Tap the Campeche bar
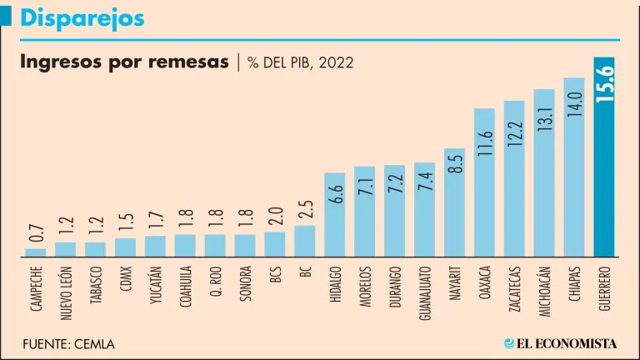pos(36,252)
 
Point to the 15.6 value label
pos(605,84)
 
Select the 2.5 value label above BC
pos(305,205)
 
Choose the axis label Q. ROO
pos(216,282)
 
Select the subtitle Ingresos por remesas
pos(123,63)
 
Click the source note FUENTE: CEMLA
pos(68,343)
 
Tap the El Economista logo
pos(560,342)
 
